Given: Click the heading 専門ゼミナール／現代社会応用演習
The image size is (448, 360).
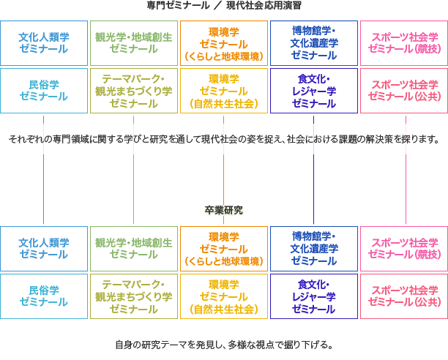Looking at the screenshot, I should (x=224, y=5).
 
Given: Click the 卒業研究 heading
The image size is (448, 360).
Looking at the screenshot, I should (x=224, y=210).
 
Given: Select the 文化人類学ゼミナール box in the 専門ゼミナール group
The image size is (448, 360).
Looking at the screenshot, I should (x=44, y=43).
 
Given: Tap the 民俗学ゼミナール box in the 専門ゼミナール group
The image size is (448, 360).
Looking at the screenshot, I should (x=44, y=91).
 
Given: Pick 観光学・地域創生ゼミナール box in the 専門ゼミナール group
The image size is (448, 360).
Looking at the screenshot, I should (x=134, y=43).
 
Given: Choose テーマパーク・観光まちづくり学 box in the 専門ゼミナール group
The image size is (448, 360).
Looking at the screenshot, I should (x=134, y=91).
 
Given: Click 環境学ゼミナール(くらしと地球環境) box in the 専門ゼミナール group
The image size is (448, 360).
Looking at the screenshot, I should (x=224, y=43).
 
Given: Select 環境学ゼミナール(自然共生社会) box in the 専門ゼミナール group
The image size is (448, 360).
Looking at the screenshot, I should (x=224, y=91).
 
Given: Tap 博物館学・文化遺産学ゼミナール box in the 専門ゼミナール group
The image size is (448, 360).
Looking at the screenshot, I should (x=314, y=43).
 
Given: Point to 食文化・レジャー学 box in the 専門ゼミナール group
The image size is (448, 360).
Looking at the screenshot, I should (x=314, y=91).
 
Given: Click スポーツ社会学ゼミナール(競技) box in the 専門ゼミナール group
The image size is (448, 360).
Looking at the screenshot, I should (x=404, y=43).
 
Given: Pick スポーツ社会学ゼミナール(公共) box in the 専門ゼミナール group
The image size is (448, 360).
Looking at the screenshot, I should (x=404, y=91).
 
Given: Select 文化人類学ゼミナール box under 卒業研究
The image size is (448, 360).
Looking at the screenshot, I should (x=44, y=248).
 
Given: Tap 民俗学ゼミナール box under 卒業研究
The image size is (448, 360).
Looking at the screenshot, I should (x=44, y=296).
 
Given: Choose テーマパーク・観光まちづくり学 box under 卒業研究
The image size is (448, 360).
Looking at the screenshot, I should (x=134, y=296).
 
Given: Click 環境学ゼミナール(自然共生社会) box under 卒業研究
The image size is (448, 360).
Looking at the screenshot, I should (x=224, y=296).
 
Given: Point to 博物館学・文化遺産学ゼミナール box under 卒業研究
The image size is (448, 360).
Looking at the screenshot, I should (x=314, y=248).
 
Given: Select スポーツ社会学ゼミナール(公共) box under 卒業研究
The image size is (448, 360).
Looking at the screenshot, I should (x=404, y=296).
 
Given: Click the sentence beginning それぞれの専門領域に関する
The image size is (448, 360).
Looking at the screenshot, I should (x=224, y=139).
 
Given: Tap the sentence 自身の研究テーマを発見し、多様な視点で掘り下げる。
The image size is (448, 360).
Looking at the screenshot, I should (x=224, y=345).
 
